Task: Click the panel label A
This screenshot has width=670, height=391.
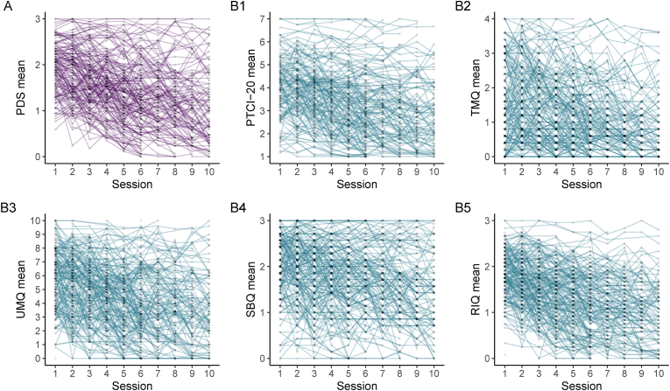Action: click(x=5, y=7)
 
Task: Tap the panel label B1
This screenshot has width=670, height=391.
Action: click(x=232, y=7)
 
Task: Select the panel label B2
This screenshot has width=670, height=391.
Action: click(x=461, y=7)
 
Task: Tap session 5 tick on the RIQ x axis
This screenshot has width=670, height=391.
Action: click(x=571, y=371)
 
